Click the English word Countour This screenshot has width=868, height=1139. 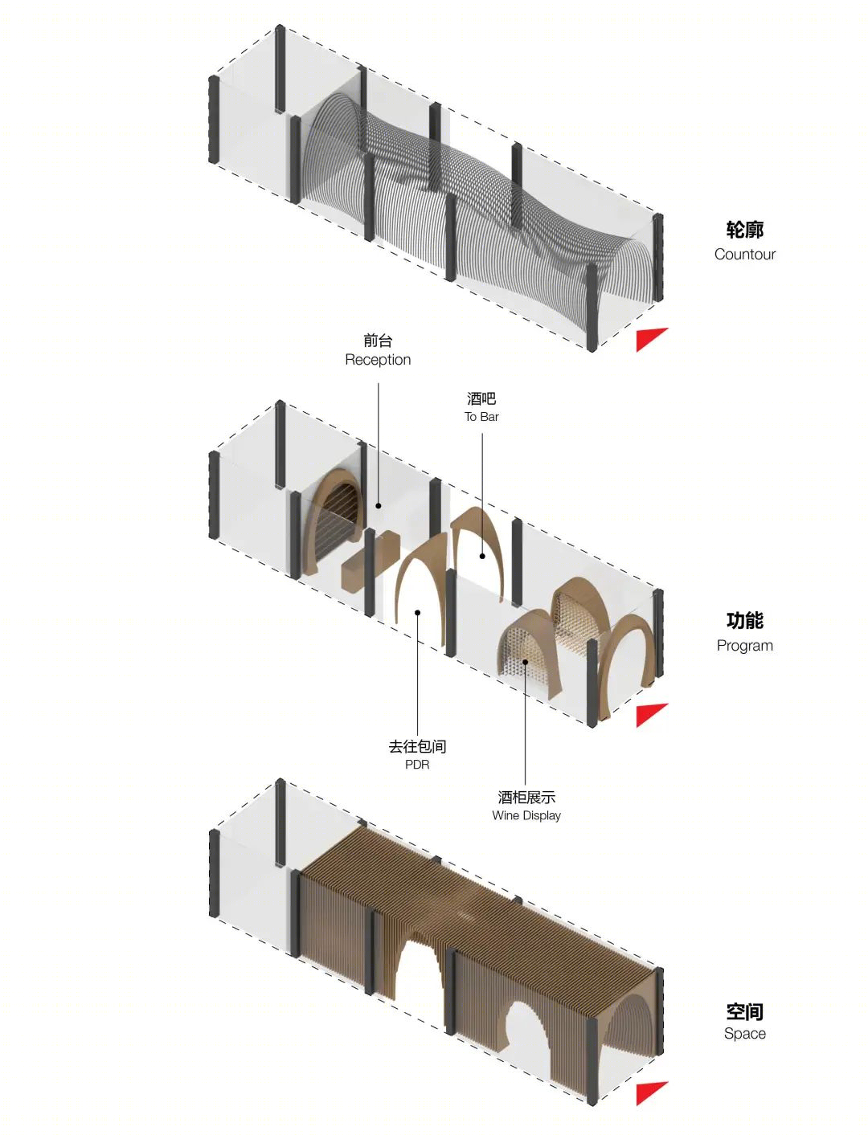(x=744, y=254)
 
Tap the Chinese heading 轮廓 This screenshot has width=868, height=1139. (x=744, y=230)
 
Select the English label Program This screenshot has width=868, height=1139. (x=744, y=646)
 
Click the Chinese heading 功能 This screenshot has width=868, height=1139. (x=744, y=621)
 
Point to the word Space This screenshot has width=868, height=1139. (x=744, y=1034)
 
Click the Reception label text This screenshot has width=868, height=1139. (x=378, y=360)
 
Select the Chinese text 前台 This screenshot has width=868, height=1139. (x=378, y=341)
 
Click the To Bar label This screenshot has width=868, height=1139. (x=481, y=417)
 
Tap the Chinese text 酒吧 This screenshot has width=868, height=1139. (x=481, y=398)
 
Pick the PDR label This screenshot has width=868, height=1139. (x=417, y=765)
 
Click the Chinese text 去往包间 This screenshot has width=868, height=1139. (x=417, y=746)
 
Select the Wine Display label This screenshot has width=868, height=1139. (x=526, y=815)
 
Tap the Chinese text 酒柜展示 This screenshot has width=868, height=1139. (x=526, y=797)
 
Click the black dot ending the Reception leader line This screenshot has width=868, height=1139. (x=379, y=505)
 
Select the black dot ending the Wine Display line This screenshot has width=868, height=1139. (x=526, y=662)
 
